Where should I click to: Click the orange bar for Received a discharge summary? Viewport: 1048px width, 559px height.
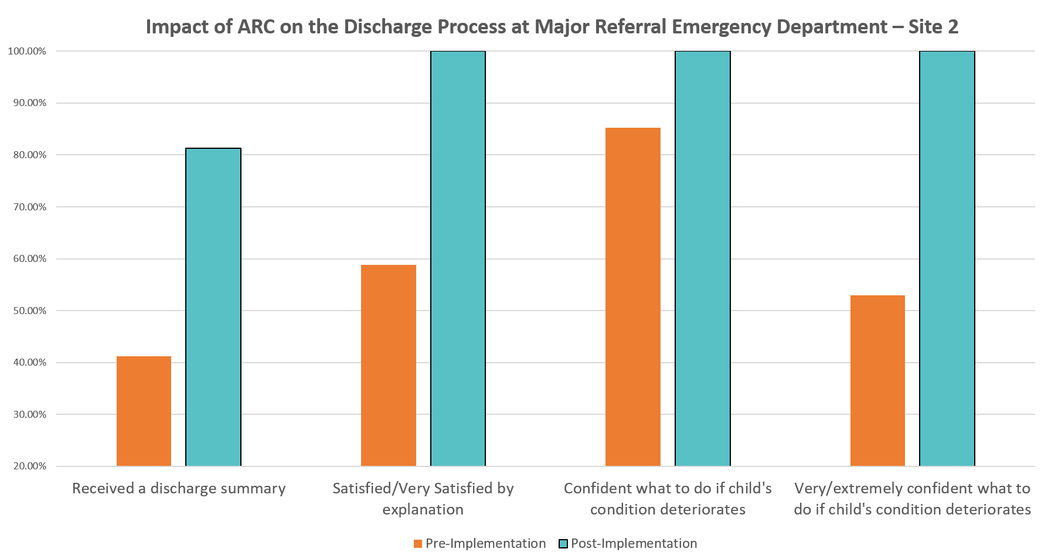click(144, 411)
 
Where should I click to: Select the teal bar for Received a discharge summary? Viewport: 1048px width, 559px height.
click(213, 308)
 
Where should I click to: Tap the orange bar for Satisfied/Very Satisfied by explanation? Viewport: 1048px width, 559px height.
click(388, 365)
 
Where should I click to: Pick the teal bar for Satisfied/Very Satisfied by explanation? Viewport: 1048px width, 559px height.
click(458, 258)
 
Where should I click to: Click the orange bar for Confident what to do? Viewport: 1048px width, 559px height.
click(632, 296)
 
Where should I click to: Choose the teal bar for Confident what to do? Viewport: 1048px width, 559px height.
click(702, 258)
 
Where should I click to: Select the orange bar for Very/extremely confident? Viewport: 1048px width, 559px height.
click(877, 380)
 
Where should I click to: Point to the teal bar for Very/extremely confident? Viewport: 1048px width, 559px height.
click(947, 258)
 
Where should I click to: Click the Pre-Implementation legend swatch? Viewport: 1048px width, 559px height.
click(417, 544)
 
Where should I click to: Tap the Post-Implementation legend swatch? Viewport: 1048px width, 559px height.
click(563, 544)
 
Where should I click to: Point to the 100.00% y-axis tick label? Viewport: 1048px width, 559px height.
click(27, 52)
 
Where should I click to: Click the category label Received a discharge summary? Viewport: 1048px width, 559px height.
click(179, 488)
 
